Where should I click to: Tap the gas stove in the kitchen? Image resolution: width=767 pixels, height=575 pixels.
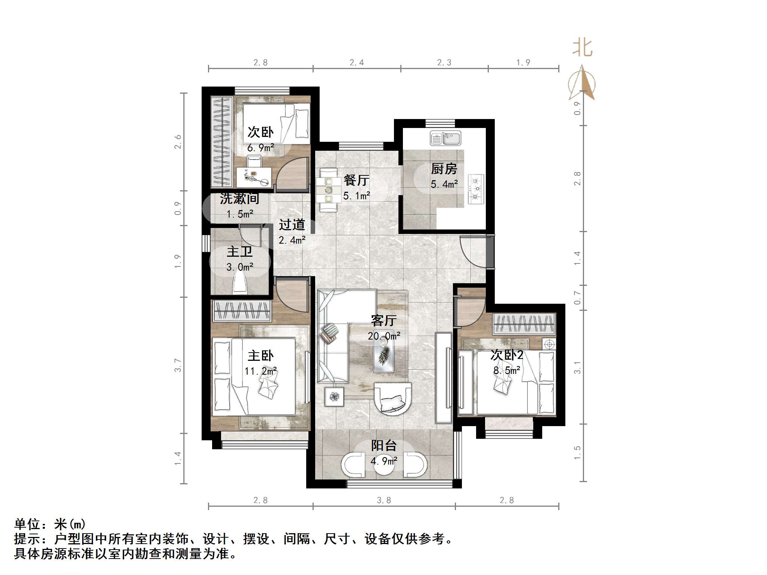(x=476, y=189)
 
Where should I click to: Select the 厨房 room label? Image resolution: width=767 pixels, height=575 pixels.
(x=444, y=169)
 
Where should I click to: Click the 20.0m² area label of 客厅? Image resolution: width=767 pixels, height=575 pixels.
(x=384, y=336)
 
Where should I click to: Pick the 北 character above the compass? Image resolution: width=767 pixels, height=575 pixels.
(x=582, y=48)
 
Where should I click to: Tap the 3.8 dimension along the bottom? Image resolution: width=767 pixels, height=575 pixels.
(x=383, y=500)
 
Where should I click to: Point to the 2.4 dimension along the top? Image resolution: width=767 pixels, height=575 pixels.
(x=357, y=63)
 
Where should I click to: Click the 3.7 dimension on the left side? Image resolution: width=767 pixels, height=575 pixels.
(x=178, y=365)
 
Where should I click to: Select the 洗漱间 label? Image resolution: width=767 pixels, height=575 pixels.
(x=239, y=199)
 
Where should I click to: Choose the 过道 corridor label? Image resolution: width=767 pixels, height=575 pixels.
(x=292, y=225)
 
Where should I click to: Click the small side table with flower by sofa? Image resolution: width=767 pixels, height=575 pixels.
(x=334, y=397)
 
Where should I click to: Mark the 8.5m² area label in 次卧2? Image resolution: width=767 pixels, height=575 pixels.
(x=507, y=371)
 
